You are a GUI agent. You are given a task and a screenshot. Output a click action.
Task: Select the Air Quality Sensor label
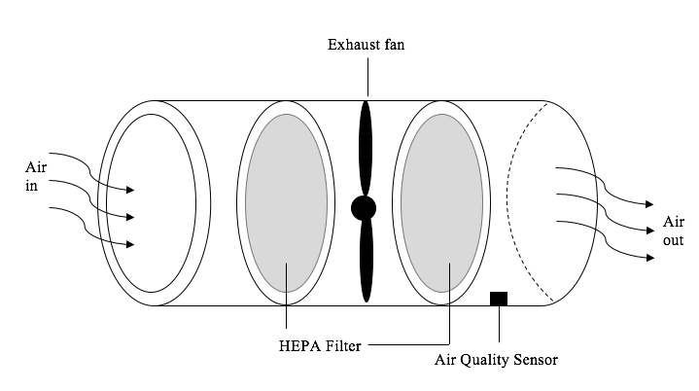496,360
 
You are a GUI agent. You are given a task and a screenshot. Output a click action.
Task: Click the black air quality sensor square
499,299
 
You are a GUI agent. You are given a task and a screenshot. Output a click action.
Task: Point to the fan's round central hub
364,207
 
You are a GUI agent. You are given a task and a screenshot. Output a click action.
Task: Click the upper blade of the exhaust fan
366,146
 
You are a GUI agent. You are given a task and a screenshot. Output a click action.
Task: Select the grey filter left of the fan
286,203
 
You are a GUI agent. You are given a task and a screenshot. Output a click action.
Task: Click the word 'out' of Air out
674,240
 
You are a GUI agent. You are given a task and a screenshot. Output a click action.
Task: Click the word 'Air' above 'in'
36,167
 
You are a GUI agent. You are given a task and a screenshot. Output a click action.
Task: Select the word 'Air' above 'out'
674,222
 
